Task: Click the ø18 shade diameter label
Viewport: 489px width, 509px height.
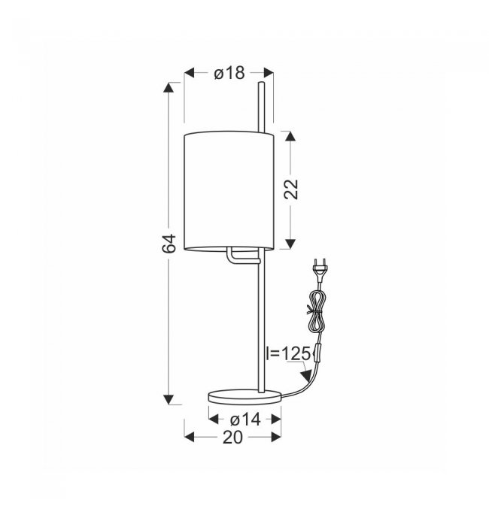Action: tap(229, 74)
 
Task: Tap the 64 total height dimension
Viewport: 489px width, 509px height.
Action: tap(169, 243)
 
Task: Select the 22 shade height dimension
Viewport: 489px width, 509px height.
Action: tap(291, 189)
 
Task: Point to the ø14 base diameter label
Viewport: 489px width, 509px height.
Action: tap(245, 420)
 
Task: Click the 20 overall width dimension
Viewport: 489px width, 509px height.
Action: tap(232, 438)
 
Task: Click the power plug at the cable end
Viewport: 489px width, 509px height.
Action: tap(320, 269)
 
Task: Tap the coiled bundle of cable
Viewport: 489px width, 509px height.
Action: tap(317, 311)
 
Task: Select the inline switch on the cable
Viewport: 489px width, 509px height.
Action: tap(317, 353)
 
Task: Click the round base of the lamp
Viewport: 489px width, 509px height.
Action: tap(244, 397)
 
